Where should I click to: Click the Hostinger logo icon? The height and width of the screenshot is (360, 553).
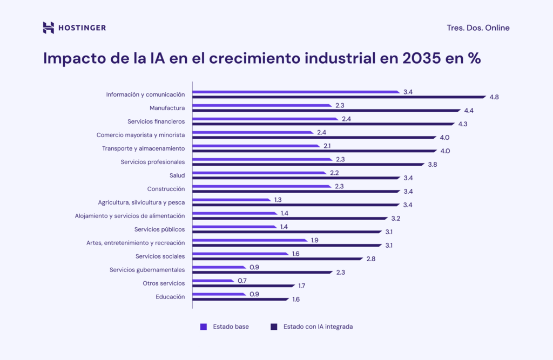(x=49, y=28)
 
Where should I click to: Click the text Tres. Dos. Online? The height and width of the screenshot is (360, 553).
(x=478, y=28)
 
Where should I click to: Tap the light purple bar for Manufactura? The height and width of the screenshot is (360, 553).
(x=261, y=105)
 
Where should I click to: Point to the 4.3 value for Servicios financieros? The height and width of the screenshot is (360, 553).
(x=463, y=124)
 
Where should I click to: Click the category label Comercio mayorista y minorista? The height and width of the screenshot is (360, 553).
(x=140, y=135)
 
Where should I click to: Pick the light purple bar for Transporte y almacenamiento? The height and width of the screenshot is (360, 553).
(x=256, y=146)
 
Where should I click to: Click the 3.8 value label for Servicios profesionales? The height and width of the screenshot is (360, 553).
(x=432, y=165)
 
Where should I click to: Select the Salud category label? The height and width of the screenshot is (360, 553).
(x=177, y=175)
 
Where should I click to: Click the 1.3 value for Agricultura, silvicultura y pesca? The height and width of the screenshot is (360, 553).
(x=278, y=200)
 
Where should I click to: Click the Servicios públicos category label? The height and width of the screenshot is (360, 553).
(x=159, y=229)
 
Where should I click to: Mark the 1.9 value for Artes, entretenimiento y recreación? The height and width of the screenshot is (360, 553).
(x=315, y=240)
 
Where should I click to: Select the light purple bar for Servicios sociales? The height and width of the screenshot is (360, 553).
(x=240, y=254)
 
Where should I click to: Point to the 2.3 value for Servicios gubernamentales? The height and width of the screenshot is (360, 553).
(x=340, y=273)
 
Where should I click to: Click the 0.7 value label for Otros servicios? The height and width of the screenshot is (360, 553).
(x=242, y=281)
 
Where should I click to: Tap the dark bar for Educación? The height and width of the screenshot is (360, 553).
(x=240, y=299)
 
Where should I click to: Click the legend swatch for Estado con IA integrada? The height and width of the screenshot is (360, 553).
(x=274, y=327)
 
